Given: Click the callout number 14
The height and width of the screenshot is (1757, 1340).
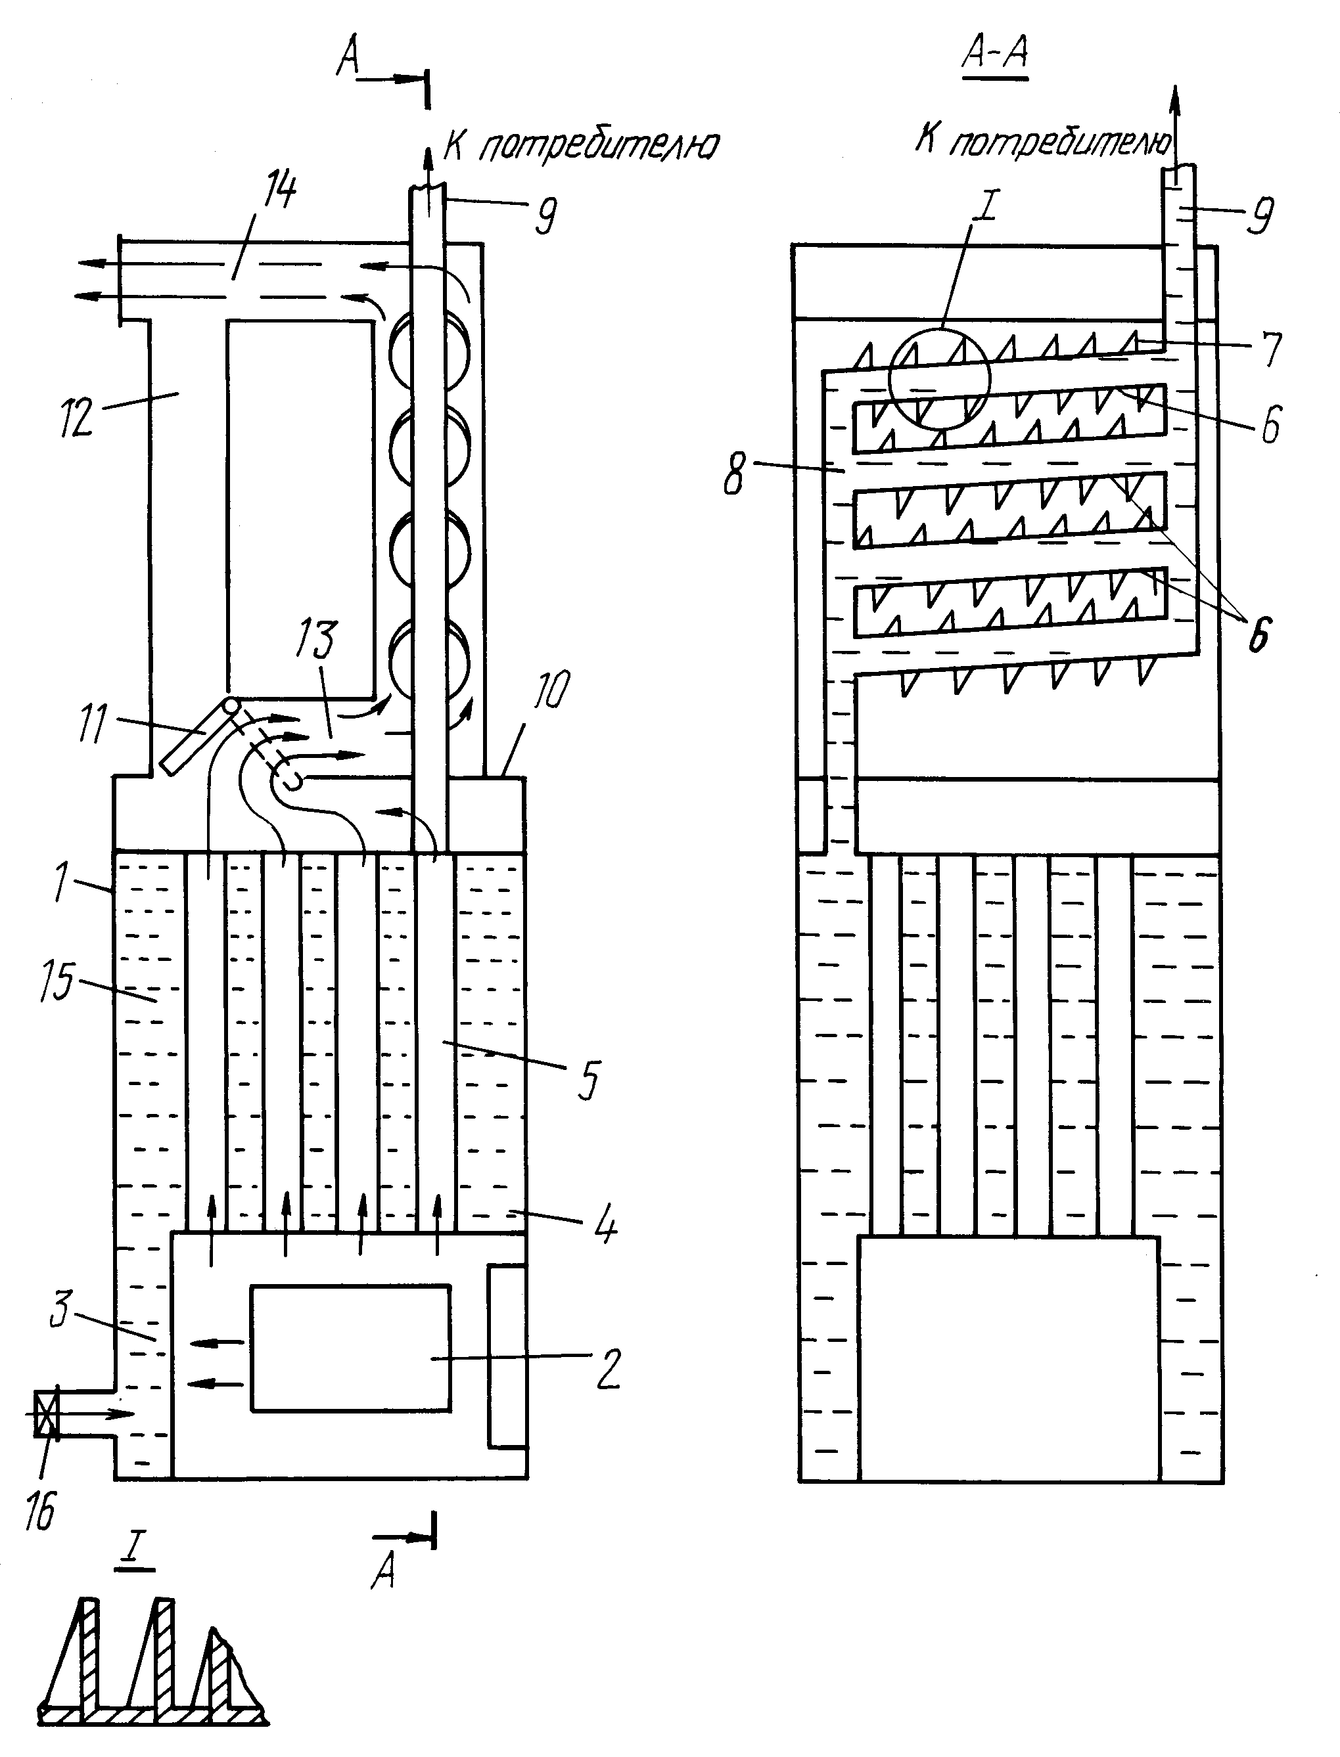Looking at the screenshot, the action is [x=280, y=191].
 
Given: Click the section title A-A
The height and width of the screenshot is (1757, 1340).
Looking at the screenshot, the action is [x=996, y=53].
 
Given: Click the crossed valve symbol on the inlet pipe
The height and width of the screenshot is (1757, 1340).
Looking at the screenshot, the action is [x=46, y=1413].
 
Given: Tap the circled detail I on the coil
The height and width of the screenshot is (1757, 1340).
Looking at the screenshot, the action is [x=940, y=378].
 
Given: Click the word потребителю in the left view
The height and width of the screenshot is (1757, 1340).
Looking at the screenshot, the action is [x=598, y=146].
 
